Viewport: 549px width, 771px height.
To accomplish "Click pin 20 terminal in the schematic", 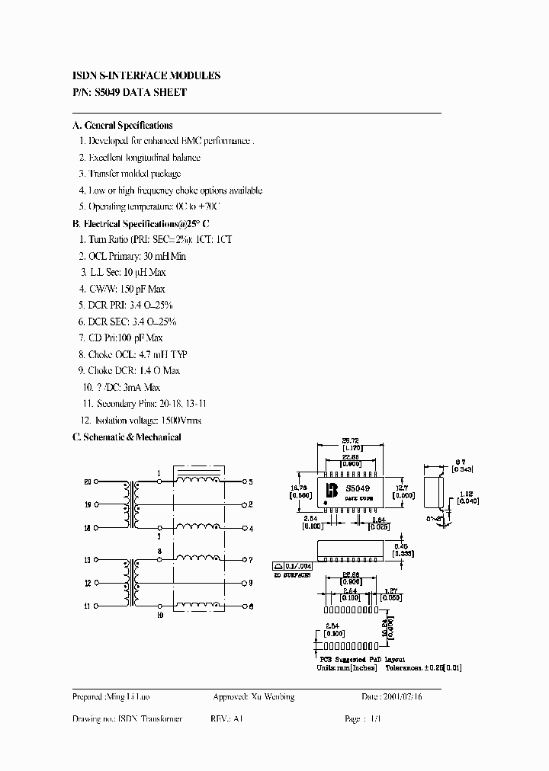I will tap(97, 482).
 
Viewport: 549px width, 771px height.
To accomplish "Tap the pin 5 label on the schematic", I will tap(250, 482).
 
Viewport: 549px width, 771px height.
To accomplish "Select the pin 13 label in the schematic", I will tap(87, 560).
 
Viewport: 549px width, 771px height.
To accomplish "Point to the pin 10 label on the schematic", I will tap(159, 613).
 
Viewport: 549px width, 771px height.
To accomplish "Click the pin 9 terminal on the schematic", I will tap(243, 583).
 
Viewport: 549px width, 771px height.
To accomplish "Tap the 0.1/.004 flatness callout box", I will tap(292, 566).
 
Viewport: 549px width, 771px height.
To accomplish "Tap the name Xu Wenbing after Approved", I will tap(272, 696).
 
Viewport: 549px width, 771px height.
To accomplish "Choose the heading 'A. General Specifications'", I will tap(122, 125).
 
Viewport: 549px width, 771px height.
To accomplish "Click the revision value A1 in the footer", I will tap(239, 719).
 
